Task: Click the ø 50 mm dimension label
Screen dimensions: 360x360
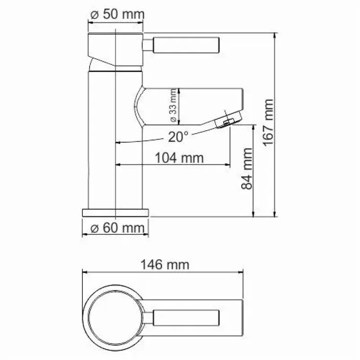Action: point(117,14)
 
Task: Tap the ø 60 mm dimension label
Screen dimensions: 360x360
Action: point(117,228)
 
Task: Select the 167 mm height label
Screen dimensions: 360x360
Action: point(268,122)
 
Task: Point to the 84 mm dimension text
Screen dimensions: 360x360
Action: point(247,169)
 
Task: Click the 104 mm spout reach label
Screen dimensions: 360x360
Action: point(179,158)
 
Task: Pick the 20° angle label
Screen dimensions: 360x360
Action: point(178,137)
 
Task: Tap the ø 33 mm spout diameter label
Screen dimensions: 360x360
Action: point(173,105)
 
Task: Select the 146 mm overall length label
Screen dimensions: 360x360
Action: point(165,265)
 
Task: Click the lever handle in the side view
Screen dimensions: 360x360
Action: point(186,45)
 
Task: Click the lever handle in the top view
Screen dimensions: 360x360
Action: point(186,318)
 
